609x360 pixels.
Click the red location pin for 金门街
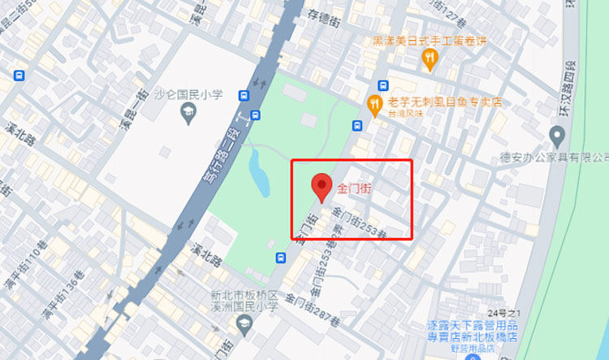pyautogui.click(x=322, y=187)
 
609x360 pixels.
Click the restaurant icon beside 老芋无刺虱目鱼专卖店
pyautogui.click(x=374, y=103)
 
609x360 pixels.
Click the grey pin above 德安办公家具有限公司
pyautogui.click(x=557, y=135)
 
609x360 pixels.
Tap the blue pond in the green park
pyautogui.click(x=258, y=170)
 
